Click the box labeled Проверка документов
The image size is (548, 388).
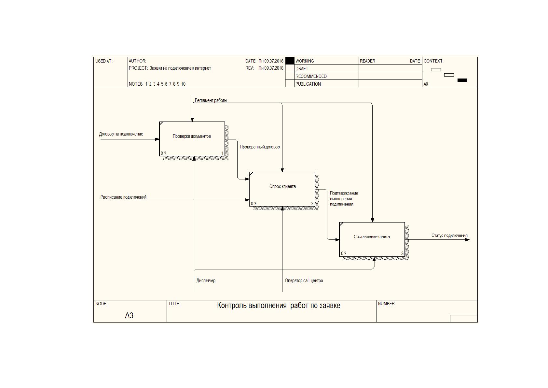(x=192, y=139)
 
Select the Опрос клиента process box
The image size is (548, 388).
(x=282, y=189)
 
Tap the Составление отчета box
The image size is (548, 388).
(x=372, y=239)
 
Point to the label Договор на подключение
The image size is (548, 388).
(x=121, y=134)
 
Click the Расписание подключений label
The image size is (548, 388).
(x=123, y=197)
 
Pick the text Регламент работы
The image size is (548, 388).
(x=211, y=100)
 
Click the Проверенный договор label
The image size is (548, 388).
(x=260, y=147)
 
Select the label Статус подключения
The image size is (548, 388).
(x=449, y=236)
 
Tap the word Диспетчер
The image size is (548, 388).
(x=206, y=280)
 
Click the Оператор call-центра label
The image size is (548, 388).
(x=304, y=280)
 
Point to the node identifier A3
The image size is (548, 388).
(x=129, y=315)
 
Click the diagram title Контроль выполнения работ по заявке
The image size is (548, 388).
(x=279, y=306)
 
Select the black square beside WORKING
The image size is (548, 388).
(x=290, y=61)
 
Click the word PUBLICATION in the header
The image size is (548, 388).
(x=308, y=84)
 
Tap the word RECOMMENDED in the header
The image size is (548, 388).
(x=311, y=77)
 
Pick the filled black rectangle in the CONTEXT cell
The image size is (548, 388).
(x=462, y=80)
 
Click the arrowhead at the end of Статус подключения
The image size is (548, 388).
(x=468, y=240)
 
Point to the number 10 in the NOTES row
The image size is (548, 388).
(x=183, y=84)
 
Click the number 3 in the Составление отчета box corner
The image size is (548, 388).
(x=402, y=253)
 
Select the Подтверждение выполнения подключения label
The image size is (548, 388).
(x=344, y=199)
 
